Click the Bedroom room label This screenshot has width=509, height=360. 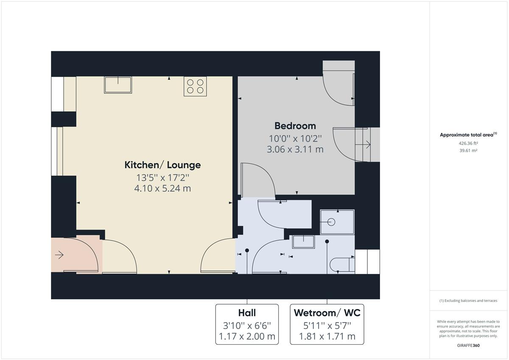295,126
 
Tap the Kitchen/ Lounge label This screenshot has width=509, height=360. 163,165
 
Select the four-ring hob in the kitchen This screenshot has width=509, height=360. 195,87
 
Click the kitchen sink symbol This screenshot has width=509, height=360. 118,85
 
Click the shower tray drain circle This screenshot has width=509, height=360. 331,222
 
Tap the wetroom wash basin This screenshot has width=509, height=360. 303,242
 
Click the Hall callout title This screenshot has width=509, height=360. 247,313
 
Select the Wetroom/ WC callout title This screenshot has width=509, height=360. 327,313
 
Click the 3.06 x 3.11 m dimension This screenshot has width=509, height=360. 295,149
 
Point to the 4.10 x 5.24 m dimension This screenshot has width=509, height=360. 162,189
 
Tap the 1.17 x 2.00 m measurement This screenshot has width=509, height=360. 247,336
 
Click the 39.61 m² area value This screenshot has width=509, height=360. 468,151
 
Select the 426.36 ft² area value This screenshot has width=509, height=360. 468,143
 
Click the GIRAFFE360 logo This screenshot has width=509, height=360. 468,346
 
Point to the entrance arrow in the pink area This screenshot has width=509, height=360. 59,255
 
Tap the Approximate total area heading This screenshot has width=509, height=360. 468,135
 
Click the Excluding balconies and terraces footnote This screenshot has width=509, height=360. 468,301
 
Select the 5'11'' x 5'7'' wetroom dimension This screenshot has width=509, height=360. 327,326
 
